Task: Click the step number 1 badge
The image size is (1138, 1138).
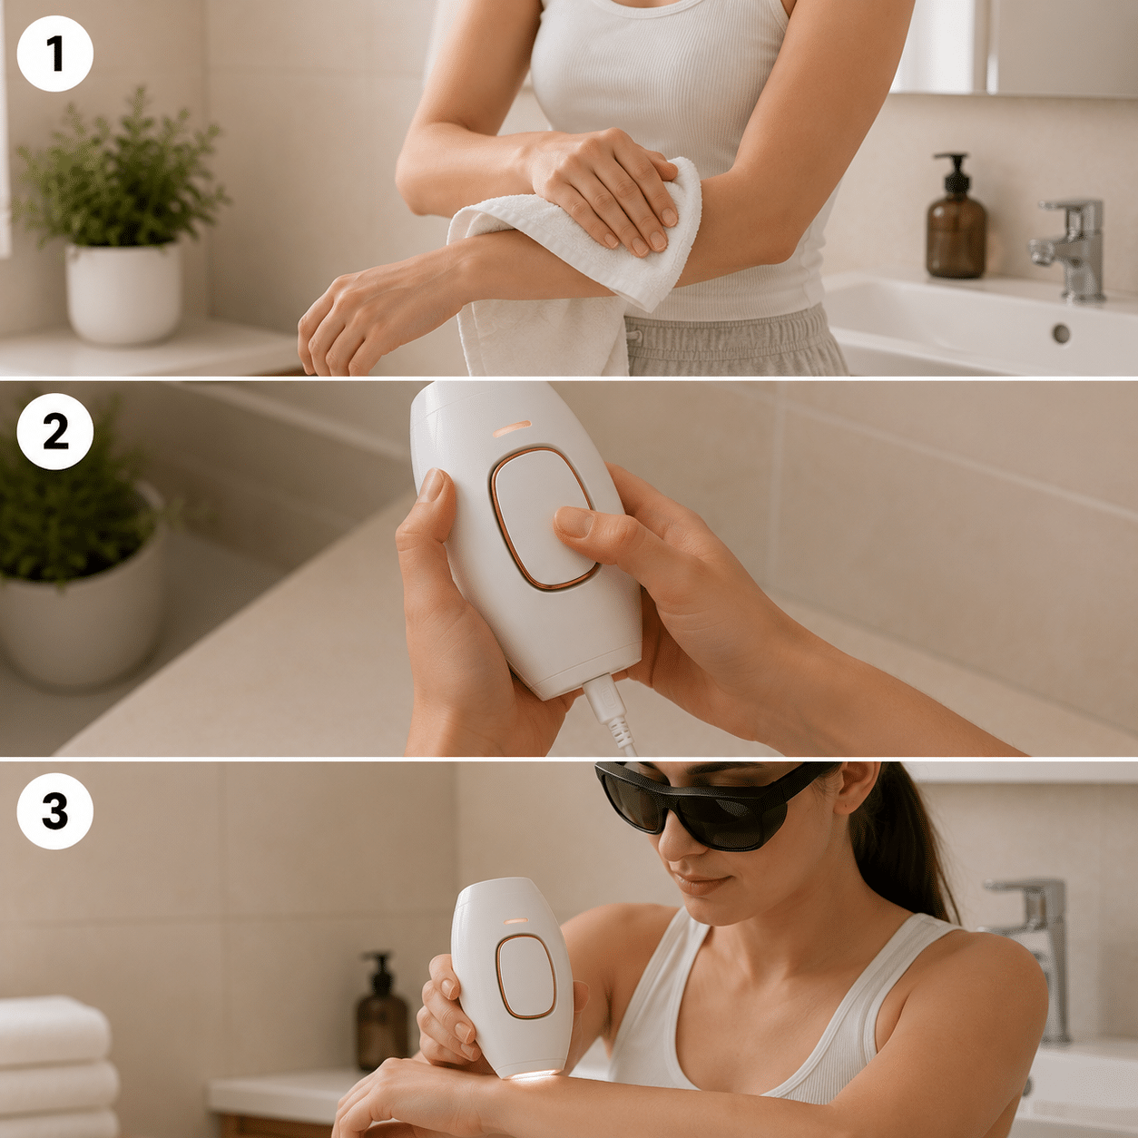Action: click(55, 54)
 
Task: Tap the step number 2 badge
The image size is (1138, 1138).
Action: click(55, 432)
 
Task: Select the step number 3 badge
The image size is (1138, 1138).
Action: click(55, 810)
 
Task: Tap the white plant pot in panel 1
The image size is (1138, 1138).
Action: click(123, 292)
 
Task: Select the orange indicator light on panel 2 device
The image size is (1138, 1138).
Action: click(513, 428)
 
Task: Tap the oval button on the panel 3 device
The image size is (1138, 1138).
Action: click(525, 976)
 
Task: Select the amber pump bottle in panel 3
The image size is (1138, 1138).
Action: click(381, 1004)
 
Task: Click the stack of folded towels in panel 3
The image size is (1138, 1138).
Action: click(56, 1066)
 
